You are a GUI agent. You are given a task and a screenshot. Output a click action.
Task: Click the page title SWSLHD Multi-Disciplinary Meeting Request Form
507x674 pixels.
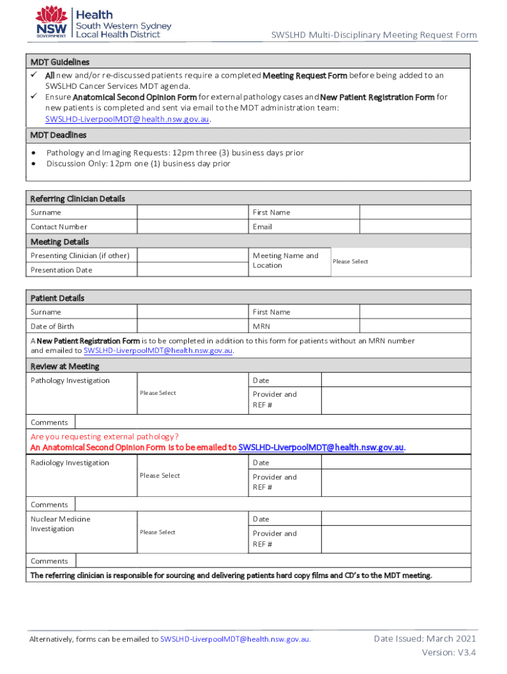coord(374,35)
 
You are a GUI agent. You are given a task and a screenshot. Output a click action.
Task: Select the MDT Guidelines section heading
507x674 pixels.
coord(60,62)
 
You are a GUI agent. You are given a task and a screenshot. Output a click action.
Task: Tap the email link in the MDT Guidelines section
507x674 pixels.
coord(127,119)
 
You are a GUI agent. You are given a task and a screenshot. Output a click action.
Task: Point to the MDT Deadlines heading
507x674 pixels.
coord(59,135)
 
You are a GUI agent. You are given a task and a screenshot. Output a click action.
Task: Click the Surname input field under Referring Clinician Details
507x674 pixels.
coord(192,213)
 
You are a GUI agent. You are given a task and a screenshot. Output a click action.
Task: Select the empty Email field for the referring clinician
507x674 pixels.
coord(415,226)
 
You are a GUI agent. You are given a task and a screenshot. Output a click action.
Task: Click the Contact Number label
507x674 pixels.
coord(59,227)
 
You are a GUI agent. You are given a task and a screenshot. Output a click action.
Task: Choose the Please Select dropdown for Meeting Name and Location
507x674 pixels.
coord(399,262)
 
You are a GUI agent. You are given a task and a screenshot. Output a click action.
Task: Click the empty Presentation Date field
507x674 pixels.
coord(192,270)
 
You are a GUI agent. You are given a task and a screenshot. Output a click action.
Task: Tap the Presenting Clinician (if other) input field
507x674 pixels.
coord(192,255)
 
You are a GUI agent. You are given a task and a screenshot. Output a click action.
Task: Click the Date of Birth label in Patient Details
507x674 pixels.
coord(52,326)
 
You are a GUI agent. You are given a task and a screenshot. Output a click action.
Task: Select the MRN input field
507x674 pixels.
coord(415,326)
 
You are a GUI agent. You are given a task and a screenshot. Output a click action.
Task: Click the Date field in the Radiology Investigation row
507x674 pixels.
coord(396,463)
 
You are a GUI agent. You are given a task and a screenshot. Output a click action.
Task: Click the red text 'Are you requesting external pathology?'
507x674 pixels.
coord(105,436)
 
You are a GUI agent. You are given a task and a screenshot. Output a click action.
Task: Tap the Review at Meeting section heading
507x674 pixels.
coord(65,367)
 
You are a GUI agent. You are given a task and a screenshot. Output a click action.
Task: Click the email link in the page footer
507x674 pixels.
coord(235,639)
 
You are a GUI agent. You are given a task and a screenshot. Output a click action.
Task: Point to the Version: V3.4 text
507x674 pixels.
coord(449,652)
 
